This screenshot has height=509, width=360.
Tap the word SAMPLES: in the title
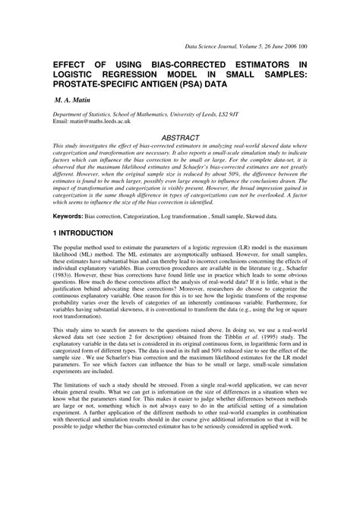click(285, 75)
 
